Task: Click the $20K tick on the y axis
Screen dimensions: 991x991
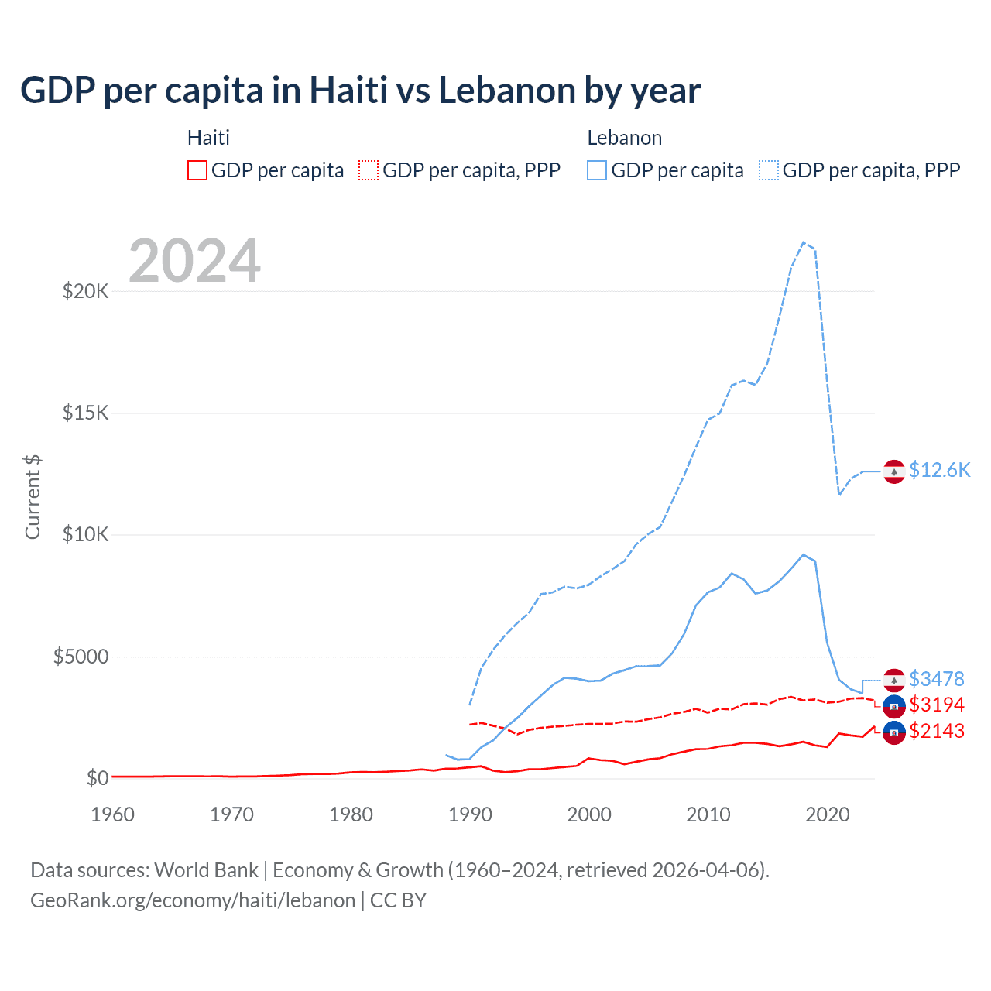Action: [86, 292]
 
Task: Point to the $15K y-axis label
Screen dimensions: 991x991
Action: [86, 413]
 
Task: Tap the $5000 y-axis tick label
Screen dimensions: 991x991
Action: [81, 657]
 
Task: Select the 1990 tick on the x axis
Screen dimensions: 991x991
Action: [470, 814]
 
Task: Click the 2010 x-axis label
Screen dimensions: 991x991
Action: [708, 814]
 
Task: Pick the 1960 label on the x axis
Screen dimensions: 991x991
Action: [113, 814]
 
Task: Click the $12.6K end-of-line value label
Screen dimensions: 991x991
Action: [939, 470]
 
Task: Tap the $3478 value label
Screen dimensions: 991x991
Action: [937, 679]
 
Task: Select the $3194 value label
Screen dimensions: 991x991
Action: [937, 705]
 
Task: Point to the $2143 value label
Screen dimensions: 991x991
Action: [937, 731]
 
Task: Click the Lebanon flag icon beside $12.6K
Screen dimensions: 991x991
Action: [894, 471]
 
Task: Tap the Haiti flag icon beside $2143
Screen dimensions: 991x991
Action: [894, 732]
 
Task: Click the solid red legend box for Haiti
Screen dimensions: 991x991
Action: [197, 170]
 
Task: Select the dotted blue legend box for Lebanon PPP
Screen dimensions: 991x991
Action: [769, 170]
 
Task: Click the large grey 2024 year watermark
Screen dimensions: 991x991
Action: [194, 261]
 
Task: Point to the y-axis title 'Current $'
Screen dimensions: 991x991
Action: [33, 497]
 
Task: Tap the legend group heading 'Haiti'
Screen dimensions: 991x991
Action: [208, 138]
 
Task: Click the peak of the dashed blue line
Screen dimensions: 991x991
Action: [804, 242]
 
